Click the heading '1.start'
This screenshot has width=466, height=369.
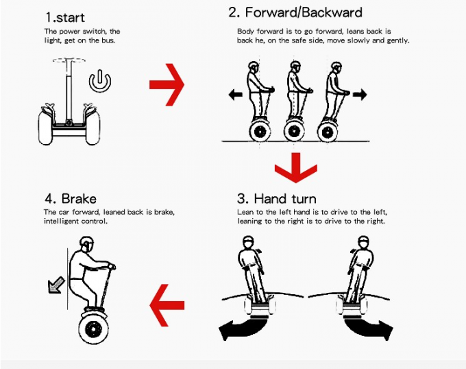[x=66, y=15]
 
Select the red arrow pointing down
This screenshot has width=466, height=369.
[x=295, y=169]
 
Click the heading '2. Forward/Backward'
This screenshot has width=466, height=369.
[x=295, y=12]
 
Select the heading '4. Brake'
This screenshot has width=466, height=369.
[x=71, y=199]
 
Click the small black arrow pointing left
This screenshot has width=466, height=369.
[x=236, y=95]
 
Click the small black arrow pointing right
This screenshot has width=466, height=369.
[x=359, y=95]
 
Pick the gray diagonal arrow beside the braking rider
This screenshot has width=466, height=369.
[x=53, y=285]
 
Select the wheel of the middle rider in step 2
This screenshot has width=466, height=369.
[x=295, y=129]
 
